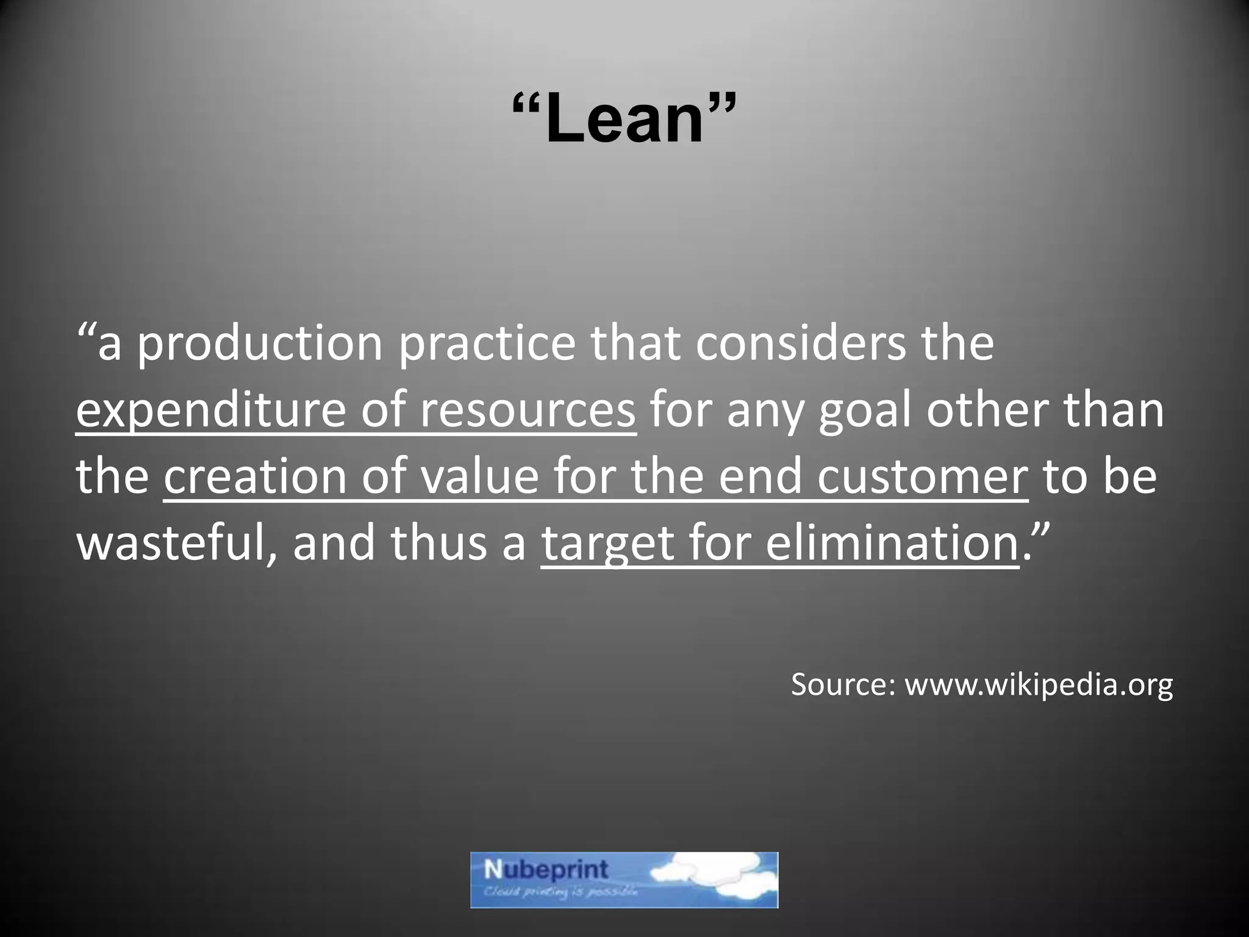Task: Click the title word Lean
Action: coord(624,119)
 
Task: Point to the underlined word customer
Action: coord(923,477)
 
